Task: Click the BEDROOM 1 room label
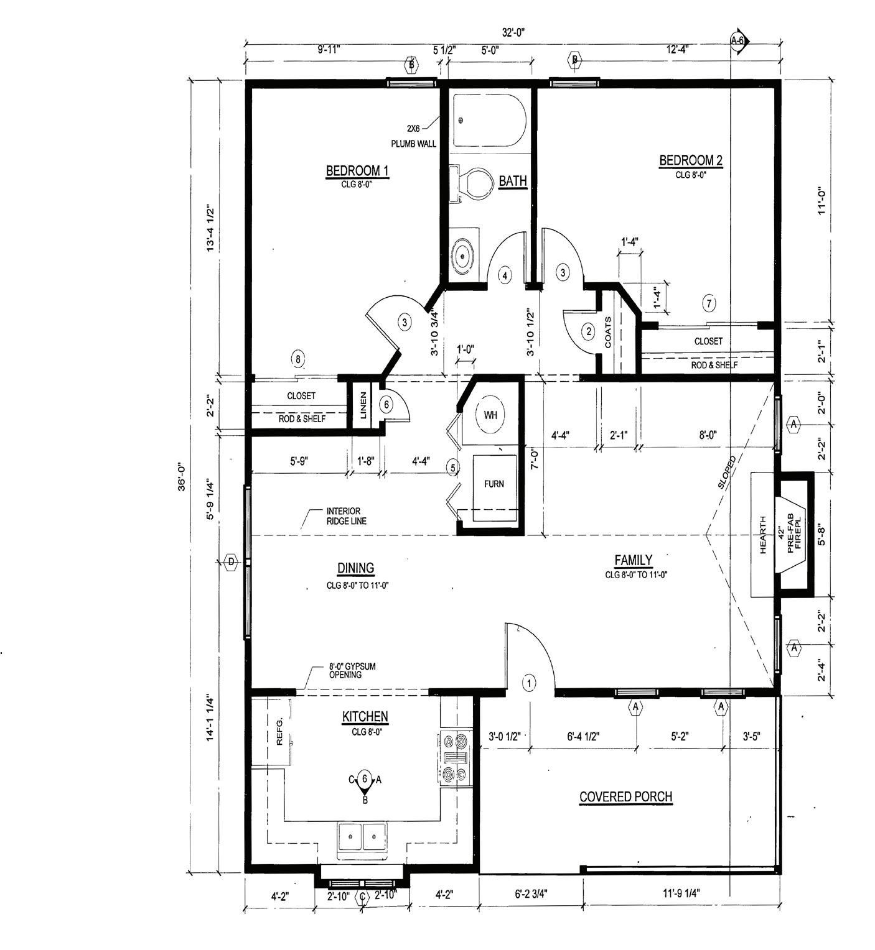357,170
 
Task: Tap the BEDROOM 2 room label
691,160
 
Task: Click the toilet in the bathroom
470,184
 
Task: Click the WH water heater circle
490,415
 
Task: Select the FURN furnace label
494,484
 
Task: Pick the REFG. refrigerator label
279,732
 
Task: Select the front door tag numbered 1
529,683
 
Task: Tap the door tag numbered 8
298,359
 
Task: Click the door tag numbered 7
709,303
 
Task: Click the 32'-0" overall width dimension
513,32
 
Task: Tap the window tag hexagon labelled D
231,561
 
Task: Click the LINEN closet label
363,405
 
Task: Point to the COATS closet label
608,333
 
